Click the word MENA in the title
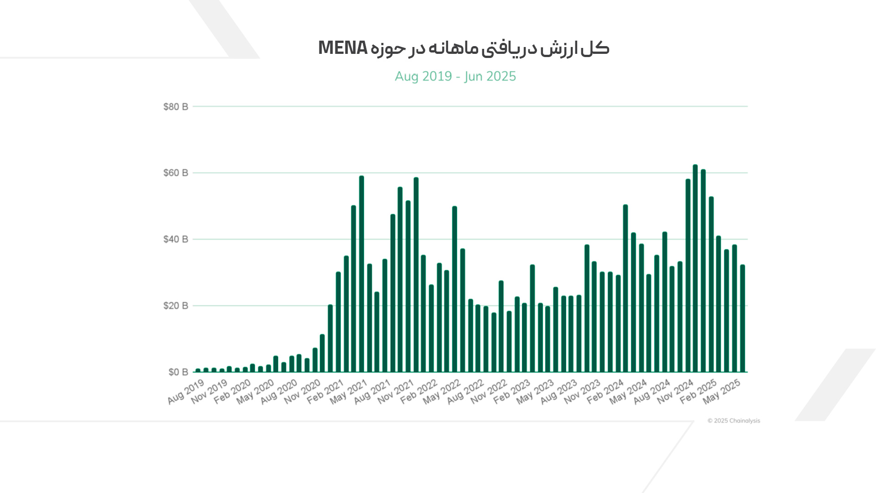click(x=342, y=48)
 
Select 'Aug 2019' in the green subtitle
click(x=423, y=76)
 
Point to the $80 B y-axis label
click(x=176, y=107)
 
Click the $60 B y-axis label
click(x=176, y=173)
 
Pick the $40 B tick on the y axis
click(x=176, y=239)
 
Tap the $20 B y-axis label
click(x=176, y=306)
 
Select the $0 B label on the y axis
click(x=178, y=372)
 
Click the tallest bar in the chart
click(x=695, y=269)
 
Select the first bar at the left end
click(x=198, y=370)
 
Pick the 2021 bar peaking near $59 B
click(x=361, y=274)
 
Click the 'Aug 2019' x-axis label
click(x=186, y=392)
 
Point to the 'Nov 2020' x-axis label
click(x=302, y=392)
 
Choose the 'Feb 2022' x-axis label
click(x=419, y=392)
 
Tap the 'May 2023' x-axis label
click(x=535, y=392)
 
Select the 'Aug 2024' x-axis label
click(x=652, y=392)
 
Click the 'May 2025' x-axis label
click(x=721, y=392)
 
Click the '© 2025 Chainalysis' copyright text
click(x=734, y=421)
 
